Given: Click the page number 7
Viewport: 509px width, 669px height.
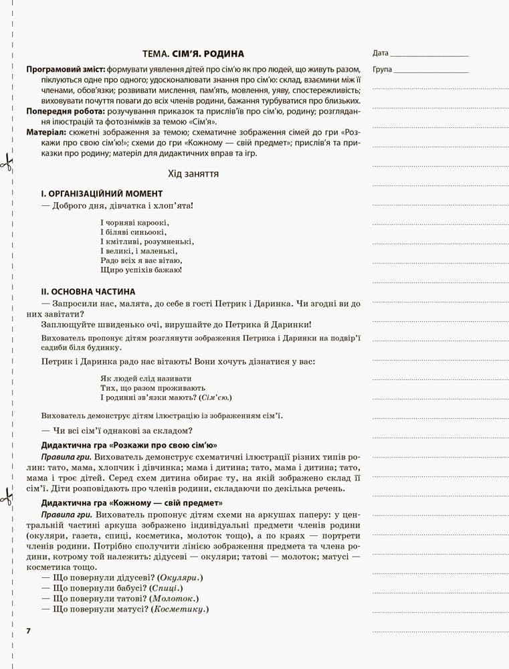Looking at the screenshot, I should point(28,631).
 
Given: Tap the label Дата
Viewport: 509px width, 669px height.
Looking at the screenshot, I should point(380,53).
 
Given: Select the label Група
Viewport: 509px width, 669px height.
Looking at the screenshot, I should point(383,69).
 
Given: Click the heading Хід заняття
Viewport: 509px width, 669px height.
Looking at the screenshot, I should point(193,173).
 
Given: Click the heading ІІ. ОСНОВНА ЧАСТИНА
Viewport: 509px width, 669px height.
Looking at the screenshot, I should point(88,292).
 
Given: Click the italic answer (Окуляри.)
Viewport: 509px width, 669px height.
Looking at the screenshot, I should point(179,577).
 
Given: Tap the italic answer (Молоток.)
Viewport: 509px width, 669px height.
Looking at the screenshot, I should point(175,599).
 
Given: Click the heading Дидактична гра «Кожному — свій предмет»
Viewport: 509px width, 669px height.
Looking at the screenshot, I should point(132,503).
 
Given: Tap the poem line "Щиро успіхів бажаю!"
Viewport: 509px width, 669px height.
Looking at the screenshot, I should point(141,270).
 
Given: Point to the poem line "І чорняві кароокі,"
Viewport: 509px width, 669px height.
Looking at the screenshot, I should point(134,222).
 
